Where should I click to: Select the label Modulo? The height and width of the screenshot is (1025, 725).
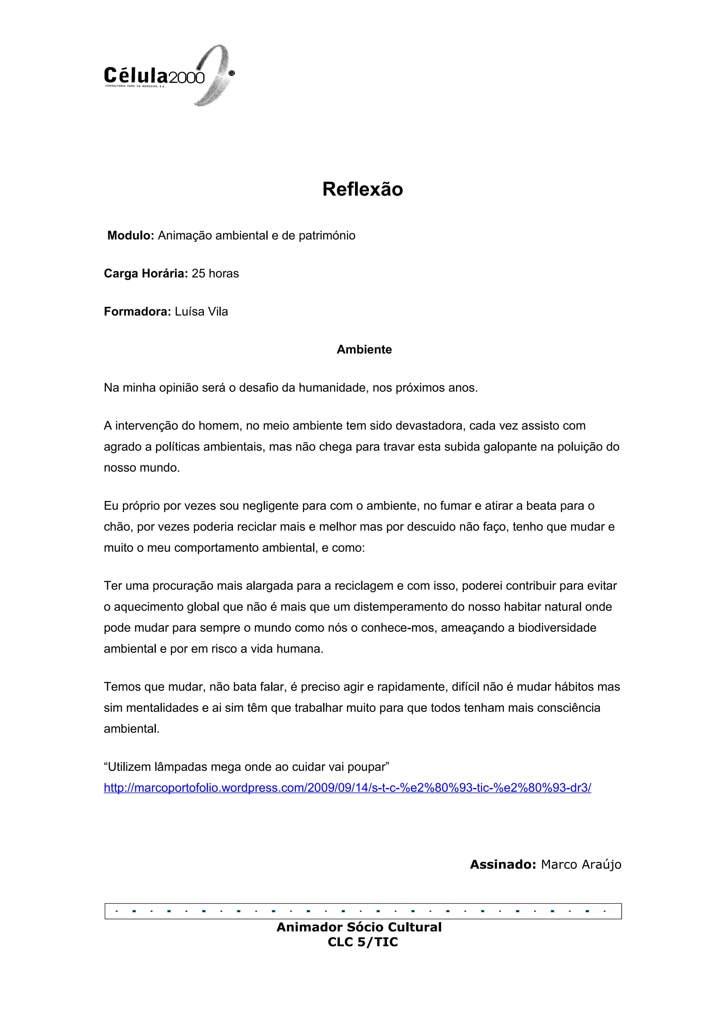(130, 235)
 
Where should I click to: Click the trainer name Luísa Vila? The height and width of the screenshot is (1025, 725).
(201, 312)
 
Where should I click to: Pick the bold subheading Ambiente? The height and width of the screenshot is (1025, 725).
(364, 349)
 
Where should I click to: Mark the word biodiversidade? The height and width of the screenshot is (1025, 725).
(557, 628)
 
